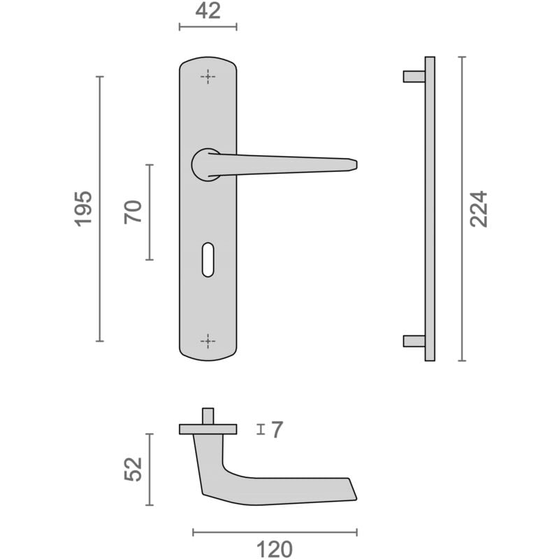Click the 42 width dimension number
click(x=208, y=11)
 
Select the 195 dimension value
click(x=83, y=209)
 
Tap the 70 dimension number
click(x=133, y=212)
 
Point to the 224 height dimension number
click(x=478, y=209)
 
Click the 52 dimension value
click(x=133, y=469)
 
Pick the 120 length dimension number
click(x=275, y=549)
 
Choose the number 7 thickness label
click(x=277, y=429)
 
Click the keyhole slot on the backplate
click(x=208, y=260)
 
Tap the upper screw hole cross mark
click(x=208, y=77)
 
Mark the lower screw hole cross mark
click(x=208, y=341)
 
